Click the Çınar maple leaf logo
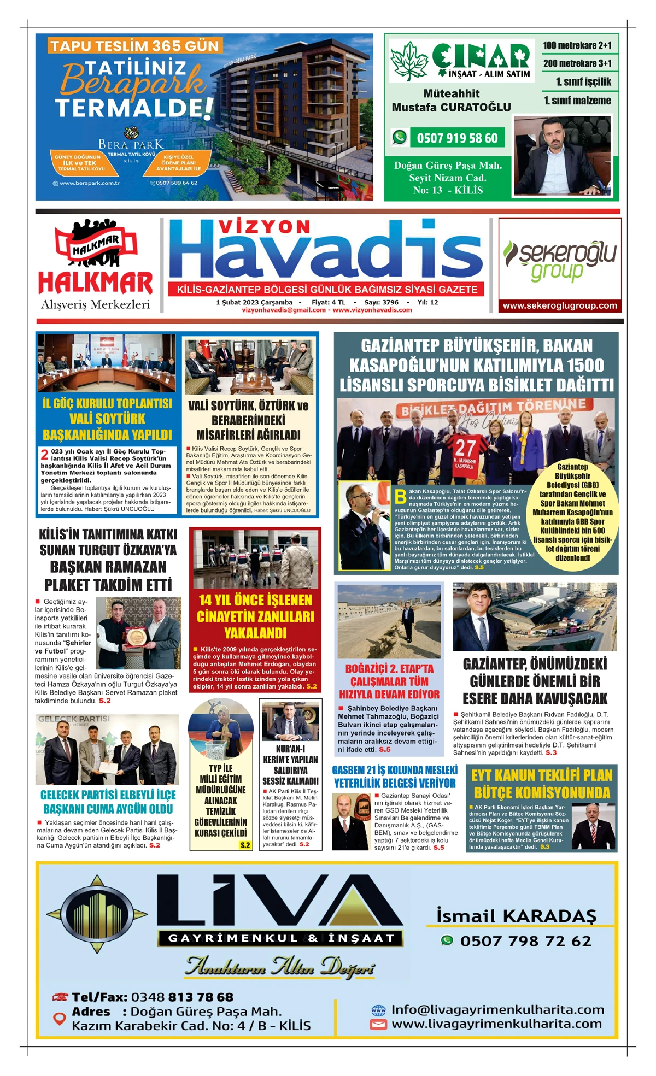pos(408,61)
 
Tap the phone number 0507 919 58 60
pos(457,138)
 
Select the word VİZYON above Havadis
pos(264,227)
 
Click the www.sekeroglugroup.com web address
pos(560,306)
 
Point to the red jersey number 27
pos(465,448)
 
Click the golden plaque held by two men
pos(134,636)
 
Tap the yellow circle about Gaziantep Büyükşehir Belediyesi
pos(572,512)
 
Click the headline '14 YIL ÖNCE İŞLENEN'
pos(255,600)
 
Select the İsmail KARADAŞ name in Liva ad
pos(516,916)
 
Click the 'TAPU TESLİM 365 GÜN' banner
pos(134,46)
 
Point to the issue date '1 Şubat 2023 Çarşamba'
pos(254,302)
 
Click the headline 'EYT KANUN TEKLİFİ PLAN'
pos(541,775)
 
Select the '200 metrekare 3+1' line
pos(577,63)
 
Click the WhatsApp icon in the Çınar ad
pos(400,137)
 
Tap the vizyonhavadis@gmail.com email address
pos(283,310)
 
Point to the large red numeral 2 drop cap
pos(45,455)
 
